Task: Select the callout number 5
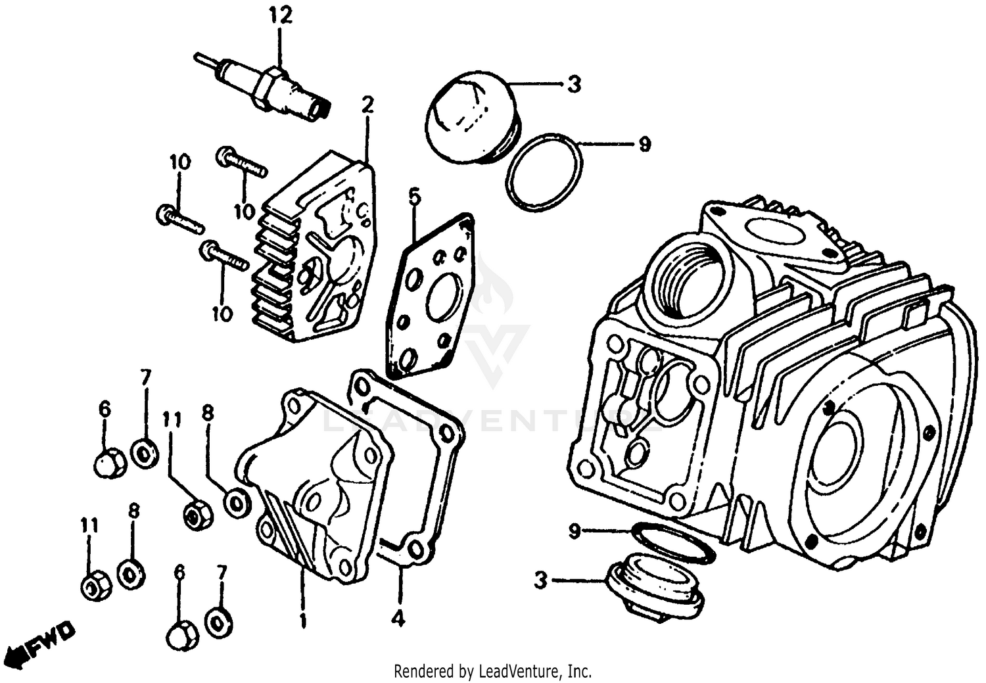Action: click(x=413, y=197)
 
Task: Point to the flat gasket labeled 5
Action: click(x=431, y=296)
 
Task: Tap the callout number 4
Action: click(x=398, y=618)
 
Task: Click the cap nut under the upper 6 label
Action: click(x=110, y=463)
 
